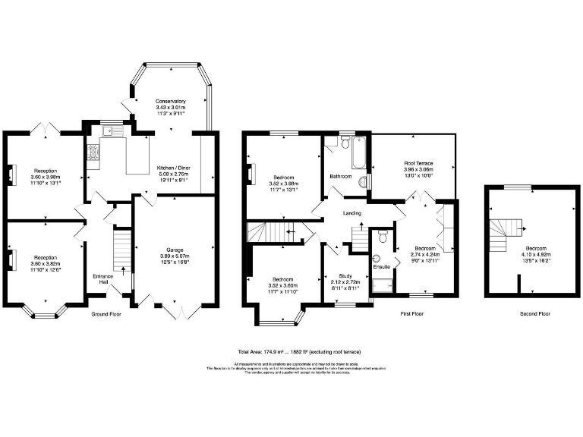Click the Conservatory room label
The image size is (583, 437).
[170, 101]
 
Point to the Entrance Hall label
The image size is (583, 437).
[102, 278]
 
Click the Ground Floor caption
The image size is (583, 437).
[107, 313]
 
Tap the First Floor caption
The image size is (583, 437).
[413, 313]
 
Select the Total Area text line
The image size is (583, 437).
[299, 352]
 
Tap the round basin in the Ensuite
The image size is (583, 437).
[375, 256]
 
